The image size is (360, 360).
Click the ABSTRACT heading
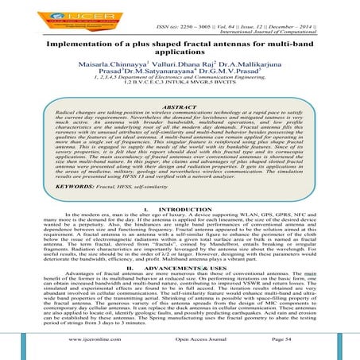(x=179, y=104)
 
